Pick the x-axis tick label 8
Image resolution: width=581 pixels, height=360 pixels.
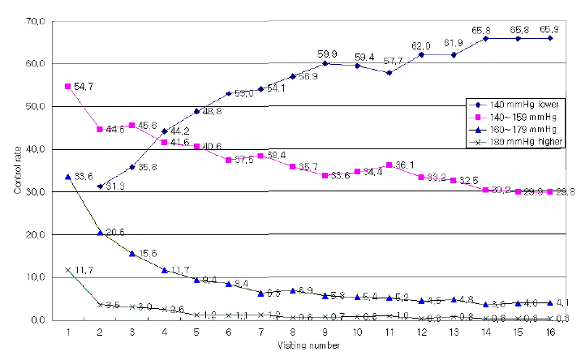click(292, 332)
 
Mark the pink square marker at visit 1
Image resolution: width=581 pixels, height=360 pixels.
click(67, 86)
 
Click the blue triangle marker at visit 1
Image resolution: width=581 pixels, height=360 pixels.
click(67, 176)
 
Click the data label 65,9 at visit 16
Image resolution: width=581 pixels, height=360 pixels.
click(549, 28)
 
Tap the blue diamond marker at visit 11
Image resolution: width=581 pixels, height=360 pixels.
click(389, 73)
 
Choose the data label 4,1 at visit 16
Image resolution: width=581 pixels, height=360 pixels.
click(563, 303)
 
